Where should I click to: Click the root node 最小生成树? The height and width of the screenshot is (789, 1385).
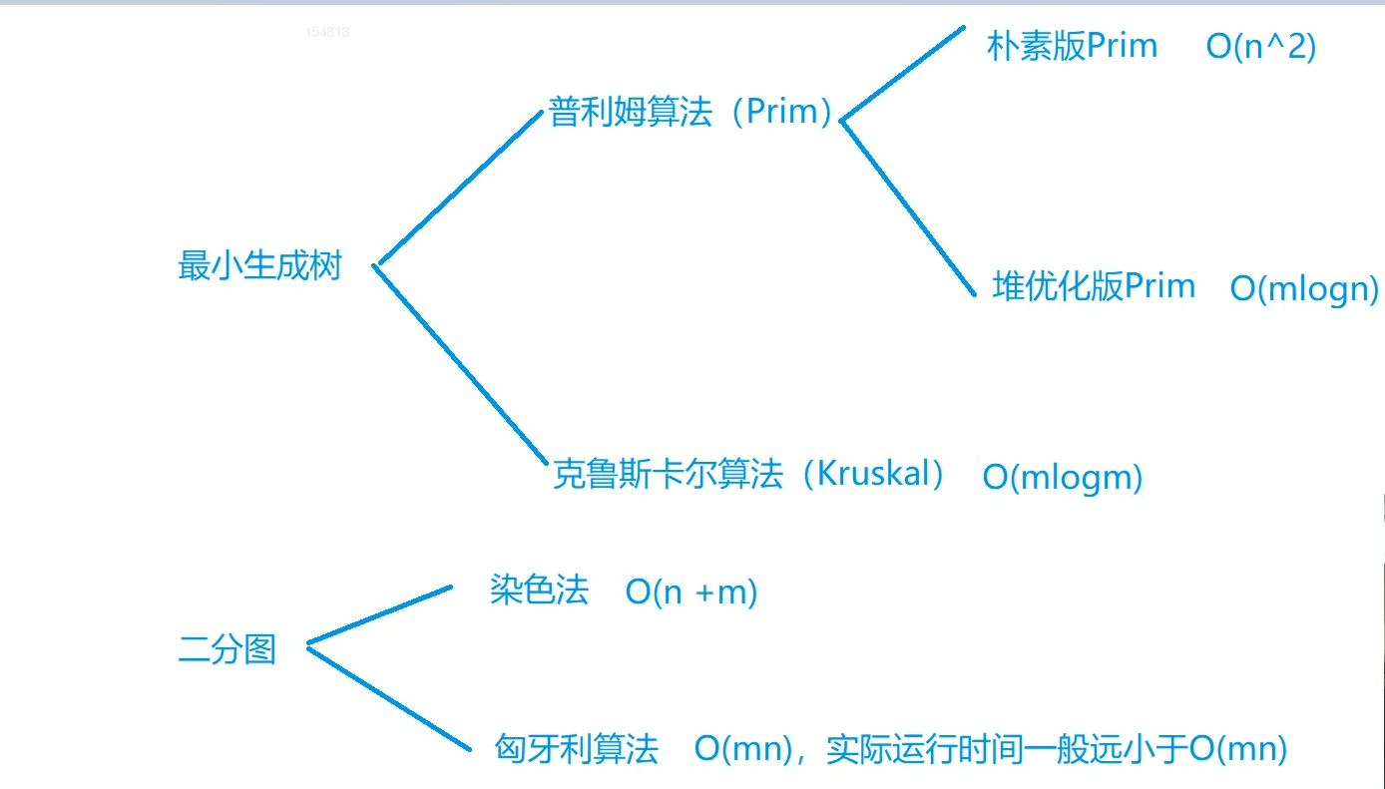point(259,266)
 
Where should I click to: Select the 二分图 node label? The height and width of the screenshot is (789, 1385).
point(227,650)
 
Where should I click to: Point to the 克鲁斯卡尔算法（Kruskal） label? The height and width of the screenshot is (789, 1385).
point(748,474)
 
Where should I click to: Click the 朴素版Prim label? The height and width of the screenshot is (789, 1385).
point(1072,46)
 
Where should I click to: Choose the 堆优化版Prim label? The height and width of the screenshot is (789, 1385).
point(1094,287)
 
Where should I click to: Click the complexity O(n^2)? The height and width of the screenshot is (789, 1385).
point(1260,47)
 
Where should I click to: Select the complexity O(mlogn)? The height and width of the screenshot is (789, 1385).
point(1304,288)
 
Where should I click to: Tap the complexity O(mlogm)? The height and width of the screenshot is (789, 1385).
point(1062,477)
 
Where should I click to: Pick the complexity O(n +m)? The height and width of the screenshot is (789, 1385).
point(692,592)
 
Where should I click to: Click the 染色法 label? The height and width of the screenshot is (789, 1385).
point(539,591)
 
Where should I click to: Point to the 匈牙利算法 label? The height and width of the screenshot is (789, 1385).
point(577,748)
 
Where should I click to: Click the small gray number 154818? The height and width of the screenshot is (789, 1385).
point(327,32)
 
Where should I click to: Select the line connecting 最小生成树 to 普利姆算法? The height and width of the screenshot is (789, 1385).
point(459,188)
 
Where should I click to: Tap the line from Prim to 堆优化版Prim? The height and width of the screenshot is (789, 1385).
point(908,207)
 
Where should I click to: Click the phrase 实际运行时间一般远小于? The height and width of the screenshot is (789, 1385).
point(1007,748)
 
